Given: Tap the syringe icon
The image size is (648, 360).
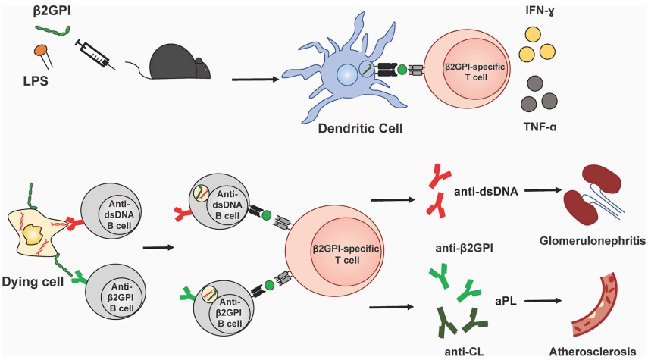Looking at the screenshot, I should click(95, 55).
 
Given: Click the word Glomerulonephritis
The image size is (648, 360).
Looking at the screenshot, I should click(592, 242).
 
